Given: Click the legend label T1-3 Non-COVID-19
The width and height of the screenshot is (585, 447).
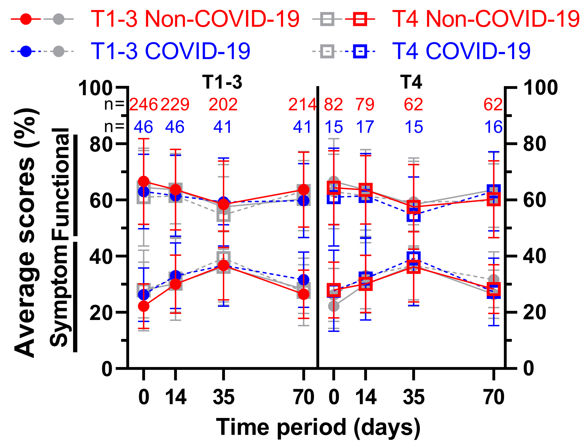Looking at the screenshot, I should [x=195, y=19].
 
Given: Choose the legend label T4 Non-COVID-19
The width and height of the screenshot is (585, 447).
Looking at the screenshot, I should [x=486, y=19].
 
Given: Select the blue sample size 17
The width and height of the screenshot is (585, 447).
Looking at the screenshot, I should [x=365, y=127].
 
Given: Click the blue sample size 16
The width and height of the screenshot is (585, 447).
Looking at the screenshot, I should [x=493, y=127].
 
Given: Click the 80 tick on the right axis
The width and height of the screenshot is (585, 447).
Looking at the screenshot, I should [x=534, y=144].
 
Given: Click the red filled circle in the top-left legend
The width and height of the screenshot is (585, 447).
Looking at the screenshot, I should [x=26, y=19].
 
